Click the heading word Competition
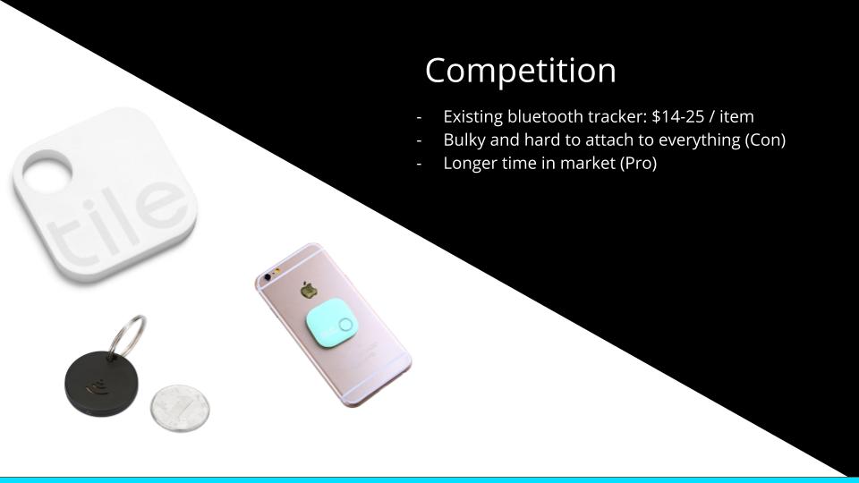[x=521, y=72]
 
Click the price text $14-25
[x=677, y=116]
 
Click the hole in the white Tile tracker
[x=47, y=172]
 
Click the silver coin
[x=180, y=408]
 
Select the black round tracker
[x=101, y=384]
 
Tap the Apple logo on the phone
[x=308, y=289]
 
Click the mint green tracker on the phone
[x=330, y=326]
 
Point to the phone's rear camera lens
[x=268, y=277]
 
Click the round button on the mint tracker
[x=345, y=326]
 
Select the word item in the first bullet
[x=736, y=116]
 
